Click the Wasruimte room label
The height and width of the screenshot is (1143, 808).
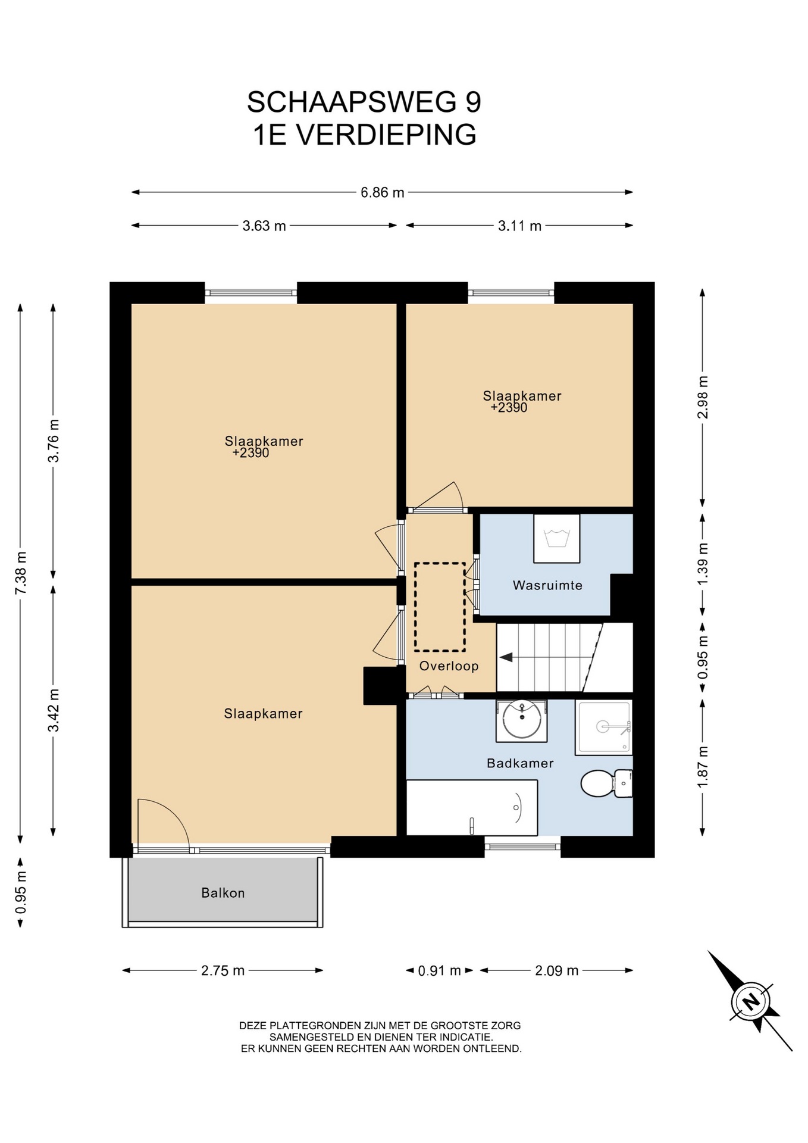pyautogui.click(x=547, y=585)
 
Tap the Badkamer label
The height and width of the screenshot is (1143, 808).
pyautogui.click(x=520, y=763)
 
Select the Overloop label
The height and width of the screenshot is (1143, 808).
pyautogui.click(x=449, y=666)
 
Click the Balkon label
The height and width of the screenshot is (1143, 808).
pyautogui.click(x=223, y=893)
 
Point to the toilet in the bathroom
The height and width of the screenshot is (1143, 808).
pyautogui.click(x=606, y=783)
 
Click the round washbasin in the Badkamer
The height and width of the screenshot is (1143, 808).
pyautogui.click(x=522, y=720)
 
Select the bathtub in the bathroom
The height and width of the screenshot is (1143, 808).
pyautogui.click(x=472, y=808)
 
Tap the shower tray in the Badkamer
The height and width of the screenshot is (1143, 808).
pyautogui.click(x=603, y=727)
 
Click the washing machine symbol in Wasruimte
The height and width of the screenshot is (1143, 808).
pyautogui.click(x=557, y=538)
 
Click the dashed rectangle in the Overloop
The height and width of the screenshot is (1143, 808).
pyautogui.click(x=440, y=607)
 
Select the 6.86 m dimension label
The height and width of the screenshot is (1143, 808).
pyautogui.click(x=382, y=192)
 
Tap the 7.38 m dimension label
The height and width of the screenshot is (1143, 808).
pyautogui.click(x=21, y=572)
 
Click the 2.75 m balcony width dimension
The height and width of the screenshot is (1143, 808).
pyautogui.click(x=223, y=970)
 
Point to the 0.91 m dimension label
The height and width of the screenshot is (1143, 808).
pyautogui.click(x=439, y=971)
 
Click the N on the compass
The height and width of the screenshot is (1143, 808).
pyautogui.click(x=751, y=1001)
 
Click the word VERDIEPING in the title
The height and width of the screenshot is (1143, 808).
pyautogui.click(x=386, y=135)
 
